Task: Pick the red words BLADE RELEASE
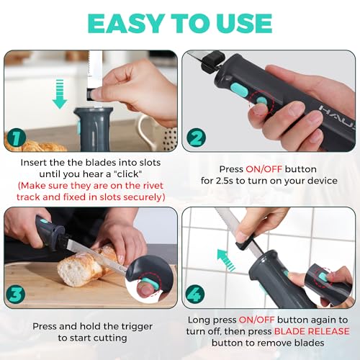311,331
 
